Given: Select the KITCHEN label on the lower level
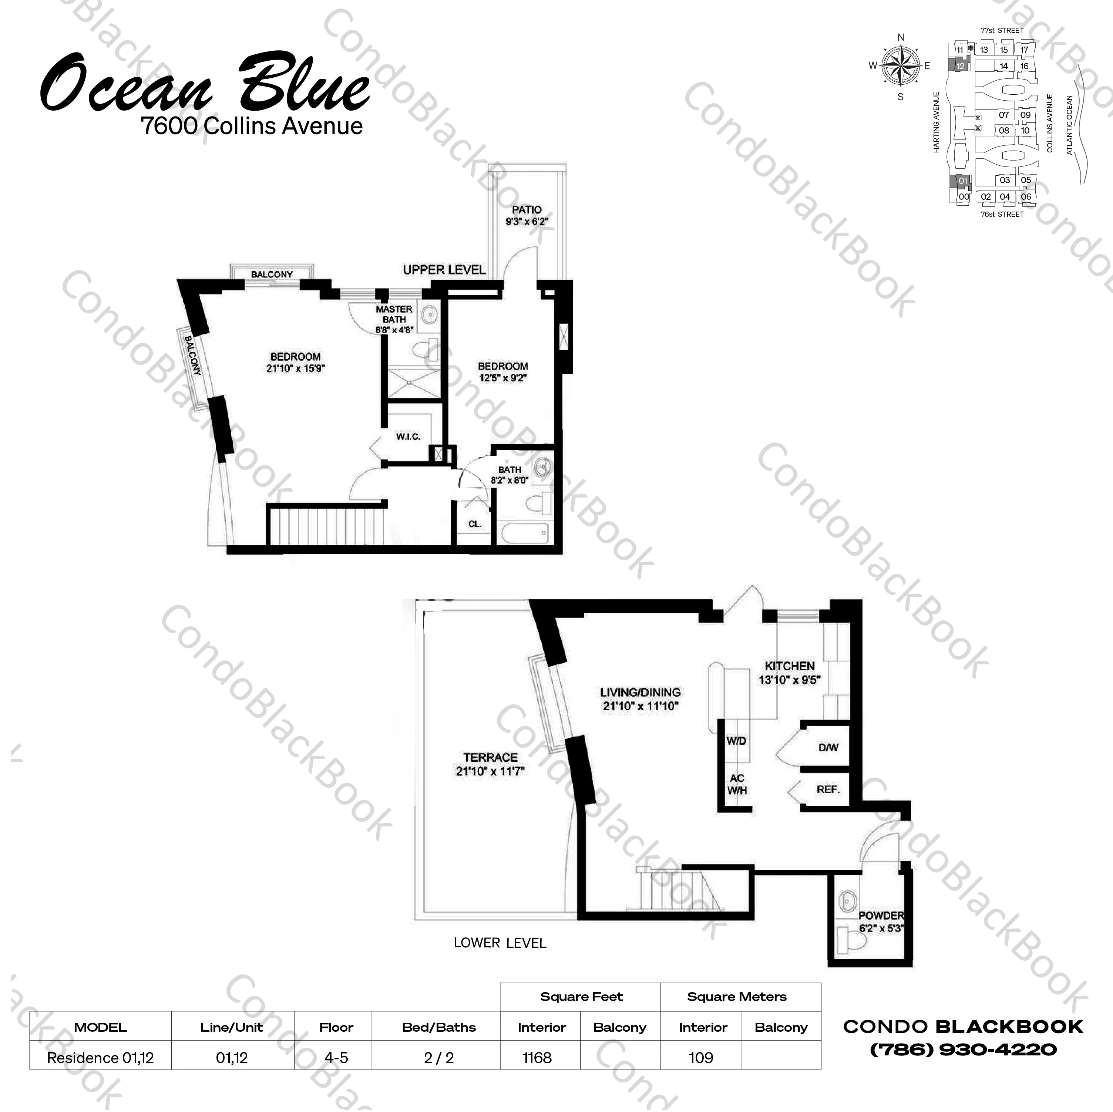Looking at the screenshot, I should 789,666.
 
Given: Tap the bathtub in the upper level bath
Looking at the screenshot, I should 524,533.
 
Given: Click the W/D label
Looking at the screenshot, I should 736,741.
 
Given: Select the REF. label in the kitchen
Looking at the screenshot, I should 828,789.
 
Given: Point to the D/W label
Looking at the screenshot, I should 828,748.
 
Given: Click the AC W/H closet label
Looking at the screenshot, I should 737,784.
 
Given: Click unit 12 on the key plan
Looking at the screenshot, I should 960,66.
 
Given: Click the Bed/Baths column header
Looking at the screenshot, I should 438,1027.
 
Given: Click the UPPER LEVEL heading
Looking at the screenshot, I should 444,270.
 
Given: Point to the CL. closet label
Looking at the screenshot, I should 475,525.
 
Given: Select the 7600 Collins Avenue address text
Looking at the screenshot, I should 252,126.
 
